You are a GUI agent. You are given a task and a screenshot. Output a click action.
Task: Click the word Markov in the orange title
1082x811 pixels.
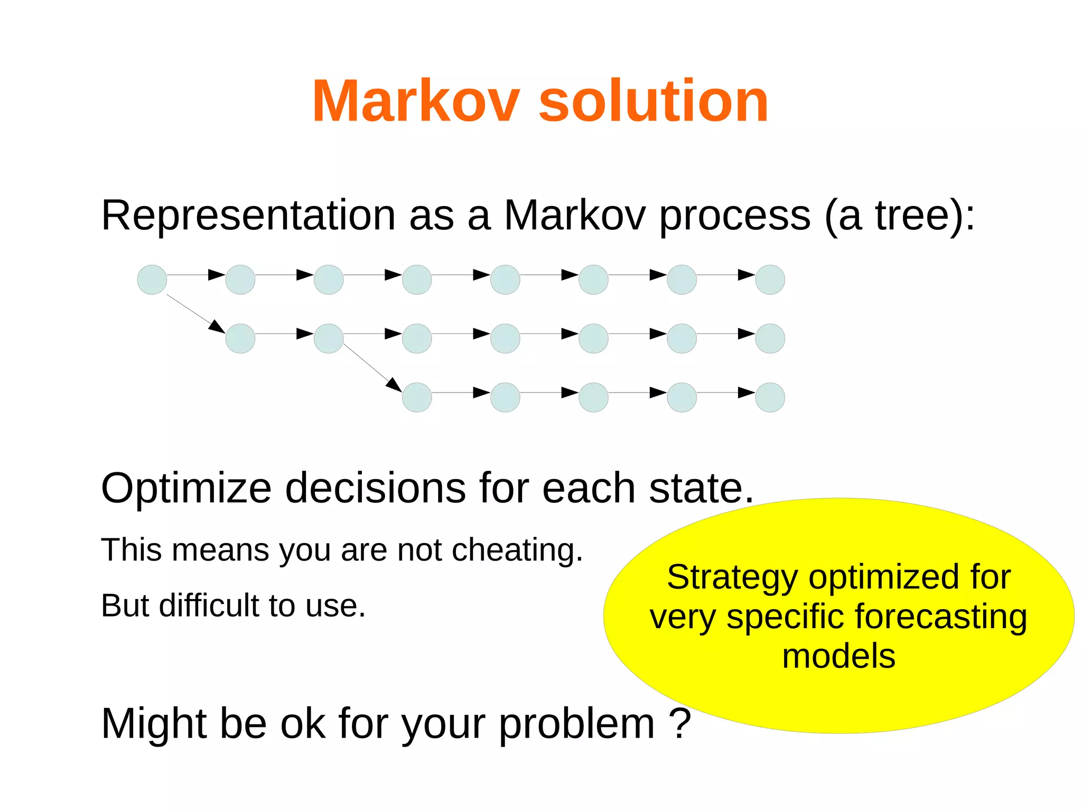coord(416,101)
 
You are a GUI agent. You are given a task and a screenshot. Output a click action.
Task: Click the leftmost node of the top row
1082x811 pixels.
coord(152,279)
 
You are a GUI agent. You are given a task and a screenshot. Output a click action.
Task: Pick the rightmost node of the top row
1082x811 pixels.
coord(770,279)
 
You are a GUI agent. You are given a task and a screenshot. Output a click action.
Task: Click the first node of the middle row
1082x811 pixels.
coord(240,339)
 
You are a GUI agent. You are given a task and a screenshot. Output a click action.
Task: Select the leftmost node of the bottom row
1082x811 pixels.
coord(417,397)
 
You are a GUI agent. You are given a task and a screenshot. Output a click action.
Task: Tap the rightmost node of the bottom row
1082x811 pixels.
coord(770,397)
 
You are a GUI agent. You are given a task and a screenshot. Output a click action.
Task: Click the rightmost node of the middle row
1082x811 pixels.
coord(770,339)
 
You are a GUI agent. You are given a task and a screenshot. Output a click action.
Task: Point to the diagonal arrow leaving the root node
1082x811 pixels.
coord(195,313)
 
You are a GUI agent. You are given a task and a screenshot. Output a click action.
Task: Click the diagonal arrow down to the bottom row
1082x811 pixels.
coord(372,368)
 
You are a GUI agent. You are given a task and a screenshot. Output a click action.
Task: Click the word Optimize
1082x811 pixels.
coord(186,489)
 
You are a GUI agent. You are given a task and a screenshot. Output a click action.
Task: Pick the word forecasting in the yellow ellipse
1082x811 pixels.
coord(940,617)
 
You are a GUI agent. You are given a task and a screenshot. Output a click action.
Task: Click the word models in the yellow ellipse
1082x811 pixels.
coord(838,656)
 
